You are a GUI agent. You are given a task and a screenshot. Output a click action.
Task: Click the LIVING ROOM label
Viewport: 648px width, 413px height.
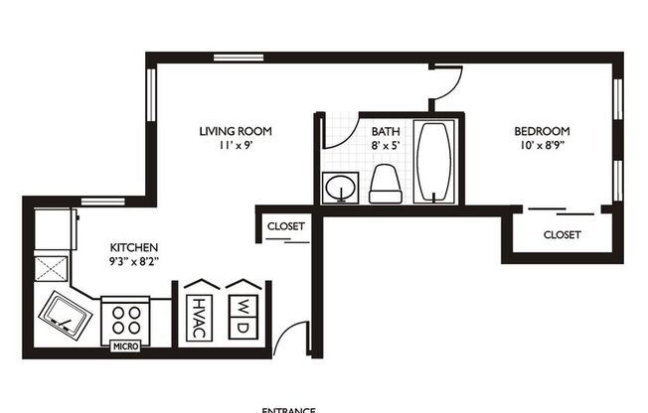[x=235, y=131]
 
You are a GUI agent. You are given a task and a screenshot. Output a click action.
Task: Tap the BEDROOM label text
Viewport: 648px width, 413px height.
[x=541, y=131]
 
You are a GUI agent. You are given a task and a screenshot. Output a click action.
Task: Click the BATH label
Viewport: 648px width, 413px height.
[x=386, y=131]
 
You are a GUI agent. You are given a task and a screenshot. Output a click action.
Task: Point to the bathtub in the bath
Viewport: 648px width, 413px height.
[x=433, y=163]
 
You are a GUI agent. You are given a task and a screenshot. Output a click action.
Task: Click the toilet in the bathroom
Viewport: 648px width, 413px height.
[x=385, y=184]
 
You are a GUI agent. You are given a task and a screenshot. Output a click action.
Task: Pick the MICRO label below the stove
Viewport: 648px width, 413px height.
[x=125, y=346]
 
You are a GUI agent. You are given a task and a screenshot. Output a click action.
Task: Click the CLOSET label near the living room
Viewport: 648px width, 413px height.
[x=286, y=226]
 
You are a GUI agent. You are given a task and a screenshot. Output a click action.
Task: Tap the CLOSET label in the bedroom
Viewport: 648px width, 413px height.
[x=562, y=235]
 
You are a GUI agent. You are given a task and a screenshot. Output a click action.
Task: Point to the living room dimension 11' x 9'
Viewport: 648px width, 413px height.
[x=235, y=146]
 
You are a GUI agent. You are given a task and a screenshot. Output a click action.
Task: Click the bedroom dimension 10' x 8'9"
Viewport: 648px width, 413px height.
[x=541, y=146]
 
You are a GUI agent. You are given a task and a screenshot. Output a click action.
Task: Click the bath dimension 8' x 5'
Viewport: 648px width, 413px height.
[x=386, y=146]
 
